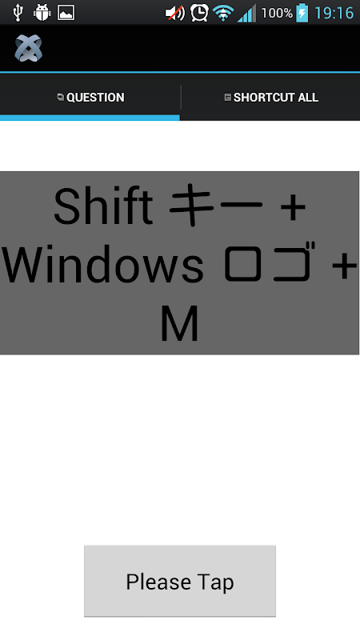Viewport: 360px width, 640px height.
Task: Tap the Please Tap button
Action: [179, 581]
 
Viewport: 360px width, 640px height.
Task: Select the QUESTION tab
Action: [90, 97]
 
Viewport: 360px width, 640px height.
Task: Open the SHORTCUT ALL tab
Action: [271, 97]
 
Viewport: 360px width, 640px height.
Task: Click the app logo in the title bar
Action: [29, 48]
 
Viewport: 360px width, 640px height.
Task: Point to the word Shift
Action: [103, 206]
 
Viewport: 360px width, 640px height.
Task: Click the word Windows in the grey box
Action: [102, 265]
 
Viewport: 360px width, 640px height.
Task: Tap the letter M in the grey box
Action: [179, 324]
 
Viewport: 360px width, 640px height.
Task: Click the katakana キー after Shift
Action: [215, 205]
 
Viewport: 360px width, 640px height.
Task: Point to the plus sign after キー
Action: [294, 207]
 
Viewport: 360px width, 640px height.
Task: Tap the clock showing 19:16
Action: [334, 13]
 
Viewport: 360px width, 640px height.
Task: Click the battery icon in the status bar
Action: [302, 12]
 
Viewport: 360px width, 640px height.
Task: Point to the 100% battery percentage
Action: [277, 13]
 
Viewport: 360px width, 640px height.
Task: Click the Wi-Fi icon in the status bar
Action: [223, 13]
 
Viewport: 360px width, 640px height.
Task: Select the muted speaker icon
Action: [174, 13]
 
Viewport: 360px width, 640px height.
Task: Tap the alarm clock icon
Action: [199, 13]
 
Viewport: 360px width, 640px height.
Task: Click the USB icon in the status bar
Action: [17, 13]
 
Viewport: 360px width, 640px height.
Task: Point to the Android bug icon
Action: [42, 13]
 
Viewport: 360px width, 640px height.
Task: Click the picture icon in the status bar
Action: [66, 13]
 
